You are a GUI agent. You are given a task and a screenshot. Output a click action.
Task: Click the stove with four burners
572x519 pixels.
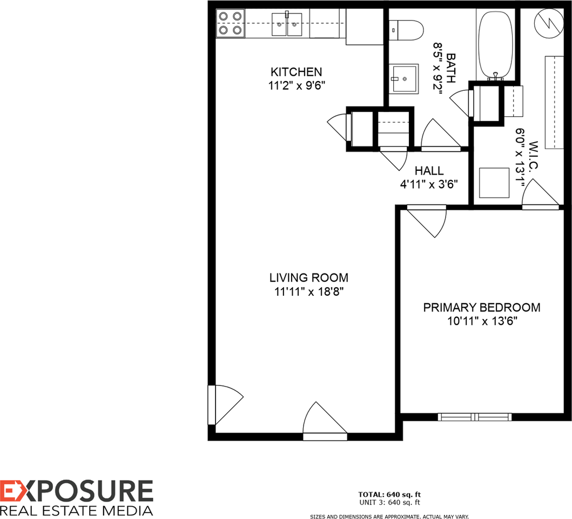click(x=229, y=24)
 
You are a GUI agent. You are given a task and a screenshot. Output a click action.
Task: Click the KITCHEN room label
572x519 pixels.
click(x=296, y=72)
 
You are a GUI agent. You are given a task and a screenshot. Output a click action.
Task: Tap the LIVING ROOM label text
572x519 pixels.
click(x=308, y=278)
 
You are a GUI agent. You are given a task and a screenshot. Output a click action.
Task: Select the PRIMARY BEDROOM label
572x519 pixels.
click(x=481, y=308)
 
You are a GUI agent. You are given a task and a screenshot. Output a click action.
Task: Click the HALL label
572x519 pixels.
click(x=429, y=171)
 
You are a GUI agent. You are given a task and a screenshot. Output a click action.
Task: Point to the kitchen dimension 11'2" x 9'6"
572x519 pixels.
click(x=296, y=85)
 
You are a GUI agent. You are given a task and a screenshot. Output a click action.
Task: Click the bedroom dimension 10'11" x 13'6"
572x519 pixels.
click(x=481, y=321)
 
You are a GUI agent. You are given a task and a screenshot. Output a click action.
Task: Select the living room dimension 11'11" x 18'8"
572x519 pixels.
click(x=308, y=292)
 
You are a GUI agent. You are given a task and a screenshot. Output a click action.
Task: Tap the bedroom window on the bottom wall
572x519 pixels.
click(x=475, y=417)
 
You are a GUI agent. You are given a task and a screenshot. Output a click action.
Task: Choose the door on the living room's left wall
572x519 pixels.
click(x=226, y=404)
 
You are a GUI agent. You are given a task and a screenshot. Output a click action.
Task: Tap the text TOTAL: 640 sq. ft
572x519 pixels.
click(x=389, y=494)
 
